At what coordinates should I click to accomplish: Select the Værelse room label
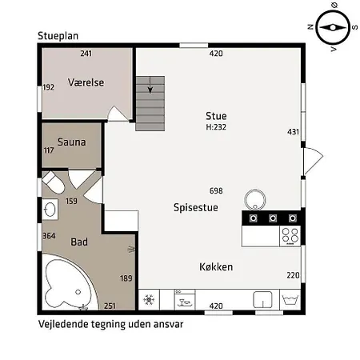click(86, 82)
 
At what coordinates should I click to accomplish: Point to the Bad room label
click(79, 242)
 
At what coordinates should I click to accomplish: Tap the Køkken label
click(216, 266)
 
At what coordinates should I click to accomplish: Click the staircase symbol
click(150, 103)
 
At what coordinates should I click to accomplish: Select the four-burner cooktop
click(289, 236)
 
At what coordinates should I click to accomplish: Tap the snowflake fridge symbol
click(148, 301)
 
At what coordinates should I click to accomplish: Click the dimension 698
click(215, 191)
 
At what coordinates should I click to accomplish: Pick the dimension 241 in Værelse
click(87, 54)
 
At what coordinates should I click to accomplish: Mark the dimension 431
click(293, 132)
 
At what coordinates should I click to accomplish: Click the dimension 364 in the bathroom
click(49, 236)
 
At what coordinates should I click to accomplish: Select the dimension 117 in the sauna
click(49, 150)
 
